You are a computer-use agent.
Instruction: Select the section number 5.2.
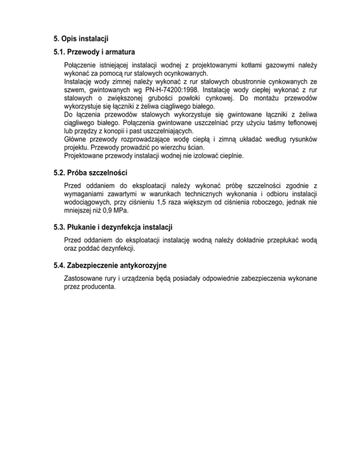[60, 173]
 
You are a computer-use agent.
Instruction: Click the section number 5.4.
[60, 265]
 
